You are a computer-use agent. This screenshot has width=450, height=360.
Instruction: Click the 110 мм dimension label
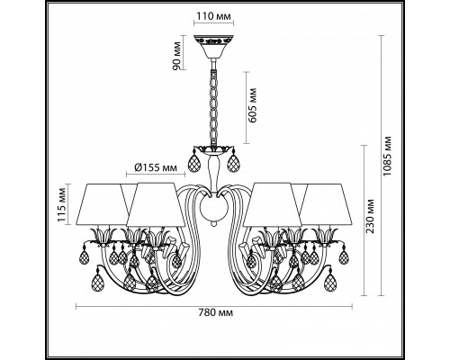[x=214, y=16]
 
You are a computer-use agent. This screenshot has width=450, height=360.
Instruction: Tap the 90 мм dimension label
[x=177, y=56]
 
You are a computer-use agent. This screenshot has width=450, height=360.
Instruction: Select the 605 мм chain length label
[x=253, y=104]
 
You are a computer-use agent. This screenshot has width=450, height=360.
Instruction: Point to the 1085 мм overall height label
[x=387, y=156]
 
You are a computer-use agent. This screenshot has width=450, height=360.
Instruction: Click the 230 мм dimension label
[x=370, y=217]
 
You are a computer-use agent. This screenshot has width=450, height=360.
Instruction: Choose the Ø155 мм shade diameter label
[x=156, y=167]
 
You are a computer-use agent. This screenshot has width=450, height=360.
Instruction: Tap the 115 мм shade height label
[x=62, y=204]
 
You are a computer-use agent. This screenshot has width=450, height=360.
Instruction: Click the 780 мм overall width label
[x=215, y=313]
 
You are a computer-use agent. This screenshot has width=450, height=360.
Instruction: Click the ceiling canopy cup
[x=213, y=47]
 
